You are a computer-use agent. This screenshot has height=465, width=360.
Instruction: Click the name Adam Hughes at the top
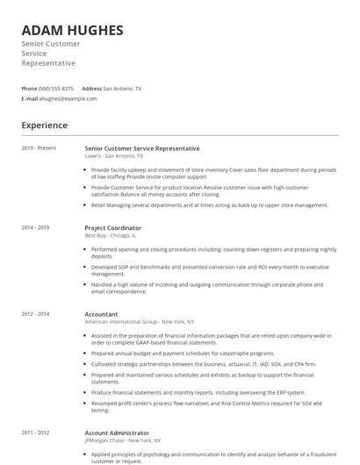72,30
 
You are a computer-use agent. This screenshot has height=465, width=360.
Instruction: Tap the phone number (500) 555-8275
56,89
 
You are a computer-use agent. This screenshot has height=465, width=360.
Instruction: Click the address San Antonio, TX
122,89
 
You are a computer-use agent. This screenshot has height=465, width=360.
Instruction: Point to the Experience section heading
44,125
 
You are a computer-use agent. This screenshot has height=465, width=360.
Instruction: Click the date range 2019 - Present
39,148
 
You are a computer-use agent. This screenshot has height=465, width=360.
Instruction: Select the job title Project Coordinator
112,227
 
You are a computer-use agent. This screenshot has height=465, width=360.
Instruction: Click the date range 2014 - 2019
35,227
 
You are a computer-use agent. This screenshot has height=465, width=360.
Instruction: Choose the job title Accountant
102,313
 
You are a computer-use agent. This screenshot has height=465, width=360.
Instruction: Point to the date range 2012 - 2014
35,313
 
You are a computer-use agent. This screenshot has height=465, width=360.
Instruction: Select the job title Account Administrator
117,432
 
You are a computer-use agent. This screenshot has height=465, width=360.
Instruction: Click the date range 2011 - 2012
35,432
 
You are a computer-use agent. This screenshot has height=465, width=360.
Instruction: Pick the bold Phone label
29,89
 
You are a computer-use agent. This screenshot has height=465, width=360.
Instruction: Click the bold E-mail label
30,98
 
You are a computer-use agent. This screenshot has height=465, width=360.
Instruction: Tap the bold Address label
91,89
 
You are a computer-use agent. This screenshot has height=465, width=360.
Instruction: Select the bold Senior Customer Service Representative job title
141,148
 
